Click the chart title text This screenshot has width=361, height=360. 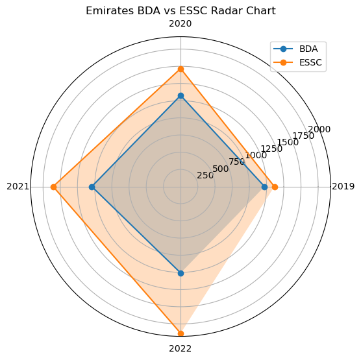point(180,10)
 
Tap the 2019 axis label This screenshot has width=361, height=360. point(343,187)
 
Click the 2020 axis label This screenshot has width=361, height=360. point(180,24)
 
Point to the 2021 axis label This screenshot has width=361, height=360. point(18,187)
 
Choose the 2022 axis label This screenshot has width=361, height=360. point(180,348)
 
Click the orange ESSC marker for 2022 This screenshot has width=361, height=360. point(180,333)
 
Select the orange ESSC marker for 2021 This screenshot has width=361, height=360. point(53,187)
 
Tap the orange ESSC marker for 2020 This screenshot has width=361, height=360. point(180,69)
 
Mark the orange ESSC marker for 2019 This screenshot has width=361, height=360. point(275,187)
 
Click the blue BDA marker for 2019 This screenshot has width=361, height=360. point(264,187)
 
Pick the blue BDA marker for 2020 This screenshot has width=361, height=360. point(180,96)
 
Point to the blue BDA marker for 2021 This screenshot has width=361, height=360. point(92,187)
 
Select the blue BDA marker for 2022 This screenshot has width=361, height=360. point(180,273)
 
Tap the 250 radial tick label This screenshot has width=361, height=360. point(205,176)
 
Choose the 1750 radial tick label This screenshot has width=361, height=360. point(303,136)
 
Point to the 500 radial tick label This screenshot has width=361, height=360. point(220,169)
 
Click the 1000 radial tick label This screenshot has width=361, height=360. point(256,155)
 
